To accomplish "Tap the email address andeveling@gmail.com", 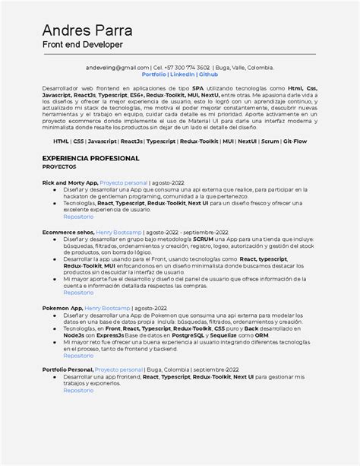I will (118, 67).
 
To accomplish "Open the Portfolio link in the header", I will (153, 74).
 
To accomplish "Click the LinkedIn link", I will (182, 74).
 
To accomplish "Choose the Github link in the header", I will (209, 74).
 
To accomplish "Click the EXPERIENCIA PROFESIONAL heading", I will (90, 158).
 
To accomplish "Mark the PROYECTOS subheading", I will (59, 166).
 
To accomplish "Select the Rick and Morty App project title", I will (70, 183).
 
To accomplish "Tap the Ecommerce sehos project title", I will (68, 232).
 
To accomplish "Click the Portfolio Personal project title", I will (67, 369).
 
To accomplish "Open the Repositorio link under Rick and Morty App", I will (78, 217).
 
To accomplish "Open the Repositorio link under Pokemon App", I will (78, 355).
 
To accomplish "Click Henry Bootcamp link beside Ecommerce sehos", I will (118, 232).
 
